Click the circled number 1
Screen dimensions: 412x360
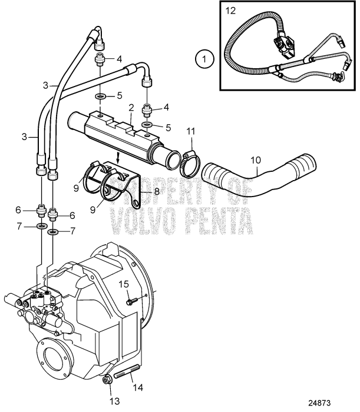[204, 59]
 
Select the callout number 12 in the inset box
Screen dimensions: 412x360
[230, 10]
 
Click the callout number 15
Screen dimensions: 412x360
[123, 284]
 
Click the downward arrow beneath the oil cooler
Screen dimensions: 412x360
[118, 157]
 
